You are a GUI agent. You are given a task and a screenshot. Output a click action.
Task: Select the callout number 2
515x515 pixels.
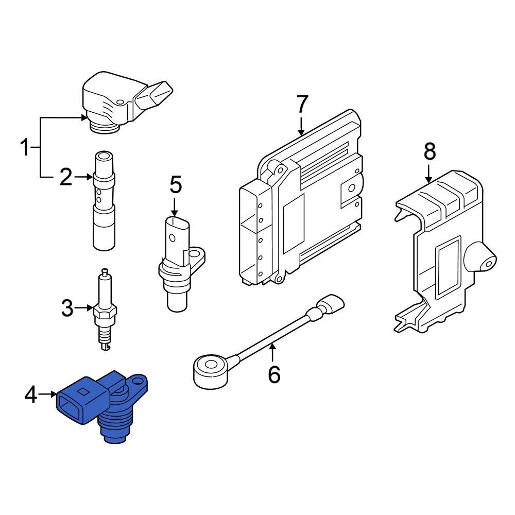pos(66,177)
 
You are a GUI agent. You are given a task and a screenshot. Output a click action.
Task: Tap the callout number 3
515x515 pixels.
pos(67,308)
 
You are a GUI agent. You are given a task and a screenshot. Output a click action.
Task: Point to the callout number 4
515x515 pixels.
pos(31,395)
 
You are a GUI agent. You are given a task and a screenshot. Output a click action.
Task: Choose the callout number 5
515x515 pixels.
pos(175,185)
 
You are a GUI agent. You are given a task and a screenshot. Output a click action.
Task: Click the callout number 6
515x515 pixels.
pos(273,374)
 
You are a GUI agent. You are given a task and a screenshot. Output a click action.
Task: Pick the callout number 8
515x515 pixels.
pos(430,152)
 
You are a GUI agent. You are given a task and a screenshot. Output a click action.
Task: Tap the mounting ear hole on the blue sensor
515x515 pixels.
pos(138,382)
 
